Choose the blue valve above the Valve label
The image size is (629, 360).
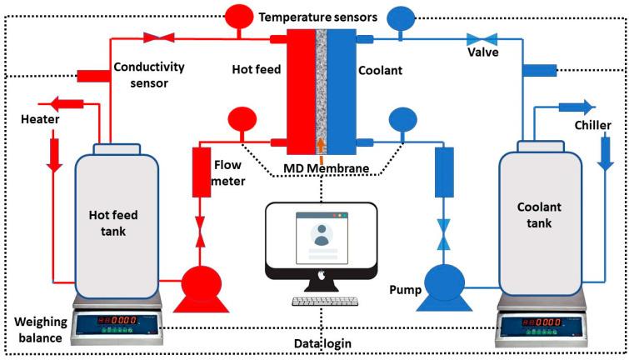tap(480, 37)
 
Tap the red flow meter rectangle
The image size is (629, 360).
tap(201, 172)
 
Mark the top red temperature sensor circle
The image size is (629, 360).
tap(237, 16)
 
